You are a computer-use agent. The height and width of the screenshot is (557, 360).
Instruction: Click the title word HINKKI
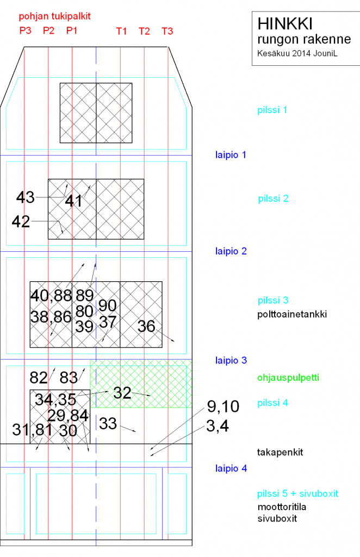[x=285, y=24]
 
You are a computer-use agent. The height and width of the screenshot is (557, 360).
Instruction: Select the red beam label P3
[x=25, y=30]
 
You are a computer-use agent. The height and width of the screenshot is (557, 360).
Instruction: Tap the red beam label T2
[x=144, y=31]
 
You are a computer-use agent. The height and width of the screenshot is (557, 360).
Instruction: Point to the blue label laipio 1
[x=231, y=155]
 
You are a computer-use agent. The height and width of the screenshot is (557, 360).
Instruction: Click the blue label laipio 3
[x=231, y=361]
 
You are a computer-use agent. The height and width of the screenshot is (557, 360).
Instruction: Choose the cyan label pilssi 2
[x=273, y=199]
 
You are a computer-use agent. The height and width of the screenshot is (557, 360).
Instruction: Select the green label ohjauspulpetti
[x=288, y=377]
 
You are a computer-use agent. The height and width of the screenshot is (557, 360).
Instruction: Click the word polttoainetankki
[x=292, y=314]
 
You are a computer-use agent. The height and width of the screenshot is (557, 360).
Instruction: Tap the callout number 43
[x=25, y=197]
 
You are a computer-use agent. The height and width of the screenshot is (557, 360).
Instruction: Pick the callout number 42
[x=21, y=222]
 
